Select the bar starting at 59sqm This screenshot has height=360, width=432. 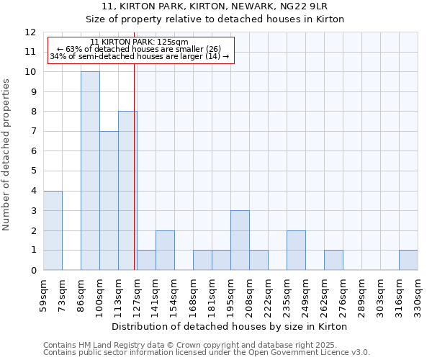53,230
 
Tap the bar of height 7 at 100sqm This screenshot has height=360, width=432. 109,201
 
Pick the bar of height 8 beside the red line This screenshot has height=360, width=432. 127,191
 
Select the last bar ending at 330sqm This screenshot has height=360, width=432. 408,260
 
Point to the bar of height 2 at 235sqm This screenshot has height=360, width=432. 296,251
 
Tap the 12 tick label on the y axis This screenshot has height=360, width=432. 30,32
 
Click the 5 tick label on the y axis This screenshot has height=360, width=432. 33,171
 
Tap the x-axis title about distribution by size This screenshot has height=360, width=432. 230,326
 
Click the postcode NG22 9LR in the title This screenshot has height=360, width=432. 309,5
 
